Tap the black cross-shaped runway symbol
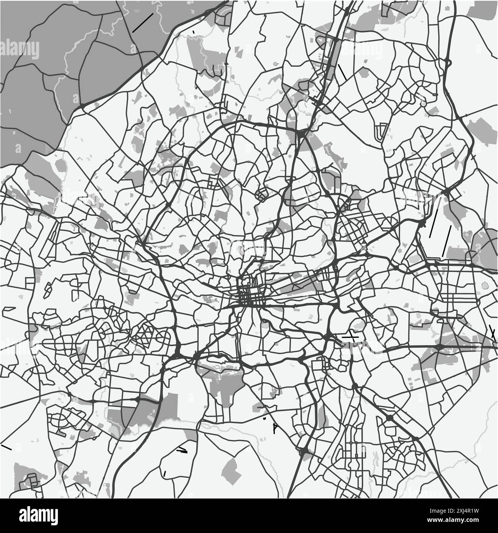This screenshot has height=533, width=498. tap(350, 336)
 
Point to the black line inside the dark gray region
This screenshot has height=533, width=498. tap(143, 23)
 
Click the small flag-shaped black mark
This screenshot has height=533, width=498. tap(274, 428)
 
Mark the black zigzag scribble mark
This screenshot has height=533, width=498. tap(182, 450)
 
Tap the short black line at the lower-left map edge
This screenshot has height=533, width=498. tap(7, 447)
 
